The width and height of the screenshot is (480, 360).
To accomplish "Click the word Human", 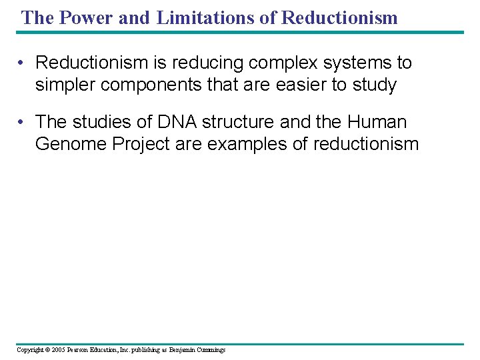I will [378, 122].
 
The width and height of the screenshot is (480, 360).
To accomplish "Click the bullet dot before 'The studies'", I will [22, 123].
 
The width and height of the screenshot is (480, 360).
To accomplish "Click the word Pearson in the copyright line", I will [79, 350].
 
